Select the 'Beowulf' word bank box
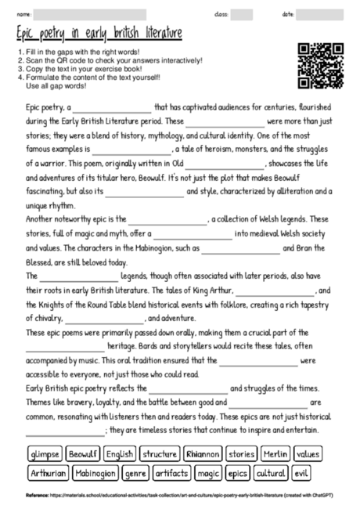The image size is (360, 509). [x=83, y=454]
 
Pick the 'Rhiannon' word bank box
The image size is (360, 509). [x=203, y=454]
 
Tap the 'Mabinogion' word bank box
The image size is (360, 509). [x=96, y=473]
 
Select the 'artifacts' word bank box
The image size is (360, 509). [x=171, y=473]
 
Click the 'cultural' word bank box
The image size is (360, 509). [x=271, y=473]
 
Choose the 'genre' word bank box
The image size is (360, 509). [x=135, y=473]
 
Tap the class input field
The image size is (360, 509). [x=242, y=14]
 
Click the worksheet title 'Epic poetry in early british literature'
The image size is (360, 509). [x=99, y=34]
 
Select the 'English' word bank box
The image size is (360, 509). [x=121, y=454]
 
